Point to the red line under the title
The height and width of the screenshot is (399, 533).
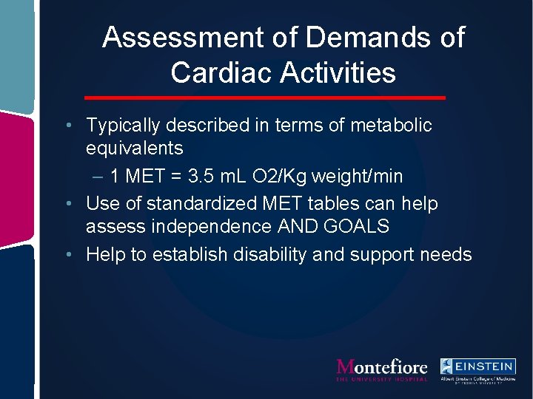coord(265,98)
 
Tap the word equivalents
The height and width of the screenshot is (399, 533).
coord(134,148)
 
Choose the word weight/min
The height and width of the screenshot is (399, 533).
coord(358,176)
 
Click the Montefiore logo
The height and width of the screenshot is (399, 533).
coord(381,369)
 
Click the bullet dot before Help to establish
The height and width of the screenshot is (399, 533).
coord(68,255)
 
